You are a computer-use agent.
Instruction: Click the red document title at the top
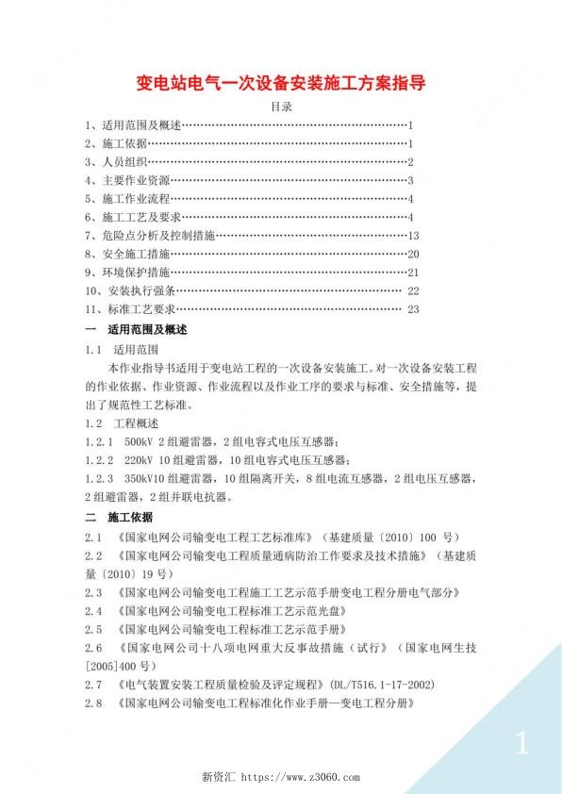click(281, 82)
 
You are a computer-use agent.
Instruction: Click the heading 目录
click(281, 108)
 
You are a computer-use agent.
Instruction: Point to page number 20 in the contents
click(413, 254)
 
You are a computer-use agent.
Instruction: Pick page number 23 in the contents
click(412, 308)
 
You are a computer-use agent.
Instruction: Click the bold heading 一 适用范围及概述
click(137, 329)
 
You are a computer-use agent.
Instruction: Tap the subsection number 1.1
click(92, 349)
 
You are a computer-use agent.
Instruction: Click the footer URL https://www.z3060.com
click(301, 778)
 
